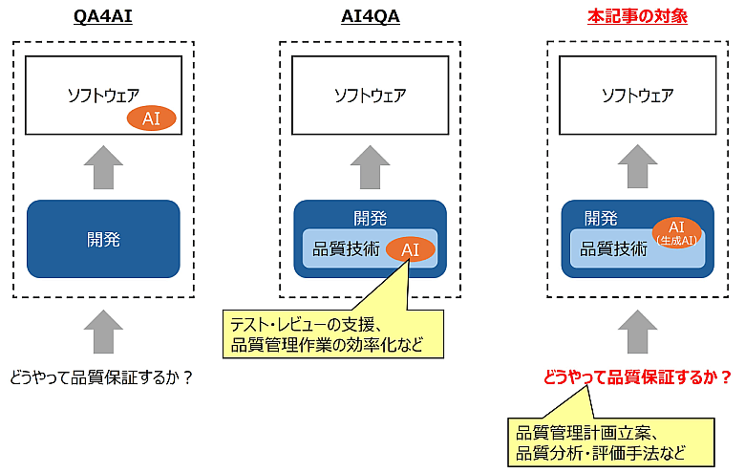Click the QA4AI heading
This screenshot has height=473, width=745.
(103, 16)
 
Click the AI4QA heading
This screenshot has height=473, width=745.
(370, 16)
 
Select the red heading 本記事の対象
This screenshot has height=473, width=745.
(637, 16)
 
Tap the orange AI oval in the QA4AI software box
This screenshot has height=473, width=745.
(151, 118)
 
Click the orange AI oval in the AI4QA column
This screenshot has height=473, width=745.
(410, 249)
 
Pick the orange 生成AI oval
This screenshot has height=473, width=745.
(677, 231)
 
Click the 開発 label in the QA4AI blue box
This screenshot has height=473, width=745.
(103, 239)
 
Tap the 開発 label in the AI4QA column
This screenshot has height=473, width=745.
(370, 218)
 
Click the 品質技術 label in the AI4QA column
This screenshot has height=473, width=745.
(346, 249)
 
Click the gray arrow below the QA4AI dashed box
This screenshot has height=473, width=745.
(103, 335)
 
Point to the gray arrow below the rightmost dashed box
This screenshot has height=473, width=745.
(637, 335)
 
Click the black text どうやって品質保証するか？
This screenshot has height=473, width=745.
(102, 376)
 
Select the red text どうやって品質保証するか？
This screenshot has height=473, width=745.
(637, 376)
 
